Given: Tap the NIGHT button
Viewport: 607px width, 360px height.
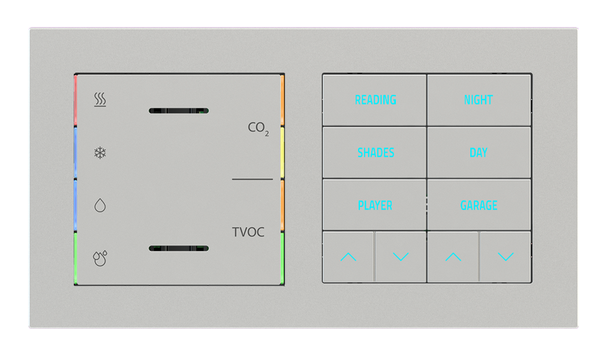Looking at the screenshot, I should coord(479,100).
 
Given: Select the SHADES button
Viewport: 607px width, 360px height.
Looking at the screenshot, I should coord(375,152).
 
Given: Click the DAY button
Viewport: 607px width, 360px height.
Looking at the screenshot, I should coord(479,152).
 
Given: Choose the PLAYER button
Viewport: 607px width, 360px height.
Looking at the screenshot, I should coord(375,205).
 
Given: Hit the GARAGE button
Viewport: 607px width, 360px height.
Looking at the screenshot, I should coord(479,205).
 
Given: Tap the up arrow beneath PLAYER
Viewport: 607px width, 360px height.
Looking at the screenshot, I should coord(348,257).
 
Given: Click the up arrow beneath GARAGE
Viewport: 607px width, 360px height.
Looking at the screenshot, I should coord(453,257).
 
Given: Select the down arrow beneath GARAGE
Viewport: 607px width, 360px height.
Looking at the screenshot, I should coord(506,257).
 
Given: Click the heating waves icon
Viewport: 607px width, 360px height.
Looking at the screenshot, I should coord(100,100).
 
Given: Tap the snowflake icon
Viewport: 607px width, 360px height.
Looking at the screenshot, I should coord(100,152).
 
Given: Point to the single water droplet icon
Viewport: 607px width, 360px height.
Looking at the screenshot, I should coord(100,206).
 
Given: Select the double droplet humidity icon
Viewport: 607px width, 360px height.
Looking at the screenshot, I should coord(100,258).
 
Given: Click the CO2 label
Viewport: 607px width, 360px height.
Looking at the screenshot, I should coord(258,128).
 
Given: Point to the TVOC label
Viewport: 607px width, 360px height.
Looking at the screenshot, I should coord(248,232).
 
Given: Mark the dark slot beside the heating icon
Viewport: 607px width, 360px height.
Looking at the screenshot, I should coord(178,111).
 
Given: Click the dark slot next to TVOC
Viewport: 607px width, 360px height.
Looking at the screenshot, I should coord(178,248).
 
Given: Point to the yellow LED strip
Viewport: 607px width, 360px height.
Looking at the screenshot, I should coord(282,153).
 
